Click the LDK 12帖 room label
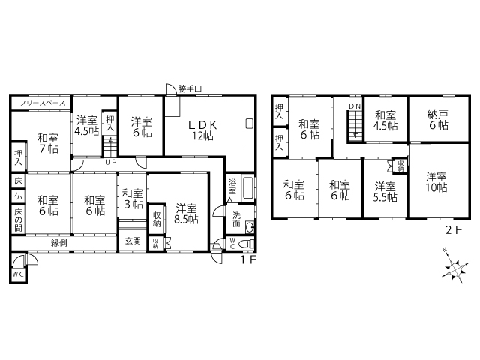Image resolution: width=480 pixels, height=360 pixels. (202, 130)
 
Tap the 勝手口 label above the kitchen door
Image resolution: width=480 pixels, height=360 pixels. (190, 89)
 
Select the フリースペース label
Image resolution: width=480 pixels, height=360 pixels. (43, 103)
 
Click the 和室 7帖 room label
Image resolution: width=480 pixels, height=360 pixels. (48, 143)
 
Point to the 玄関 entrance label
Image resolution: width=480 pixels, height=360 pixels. (133, 241)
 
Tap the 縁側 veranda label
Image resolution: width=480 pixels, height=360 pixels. (58, 243)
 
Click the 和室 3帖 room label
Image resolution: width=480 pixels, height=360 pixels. (133, 199)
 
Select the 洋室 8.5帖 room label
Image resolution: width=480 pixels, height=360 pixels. (186, 214)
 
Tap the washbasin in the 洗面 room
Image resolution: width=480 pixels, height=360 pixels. (250, 227)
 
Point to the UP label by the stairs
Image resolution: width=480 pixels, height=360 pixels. (111, 162)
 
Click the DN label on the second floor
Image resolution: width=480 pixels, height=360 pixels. (355, 106)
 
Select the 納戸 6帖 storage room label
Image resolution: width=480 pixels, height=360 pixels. (438, 120)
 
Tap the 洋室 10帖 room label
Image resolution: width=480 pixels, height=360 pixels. (436, 182)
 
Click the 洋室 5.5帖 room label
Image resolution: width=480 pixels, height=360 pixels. (385, 192)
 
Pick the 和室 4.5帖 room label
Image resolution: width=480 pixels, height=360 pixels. (385, 120)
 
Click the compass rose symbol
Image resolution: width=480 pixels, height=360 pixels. (455, 268)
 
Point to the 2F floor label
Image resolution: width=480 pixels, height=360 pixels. (453, 230)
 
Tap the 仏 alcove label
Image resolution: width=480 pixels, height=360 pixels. (18, 196)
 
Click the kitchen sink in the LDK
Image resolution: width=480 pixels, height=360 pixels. (250, 124)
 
